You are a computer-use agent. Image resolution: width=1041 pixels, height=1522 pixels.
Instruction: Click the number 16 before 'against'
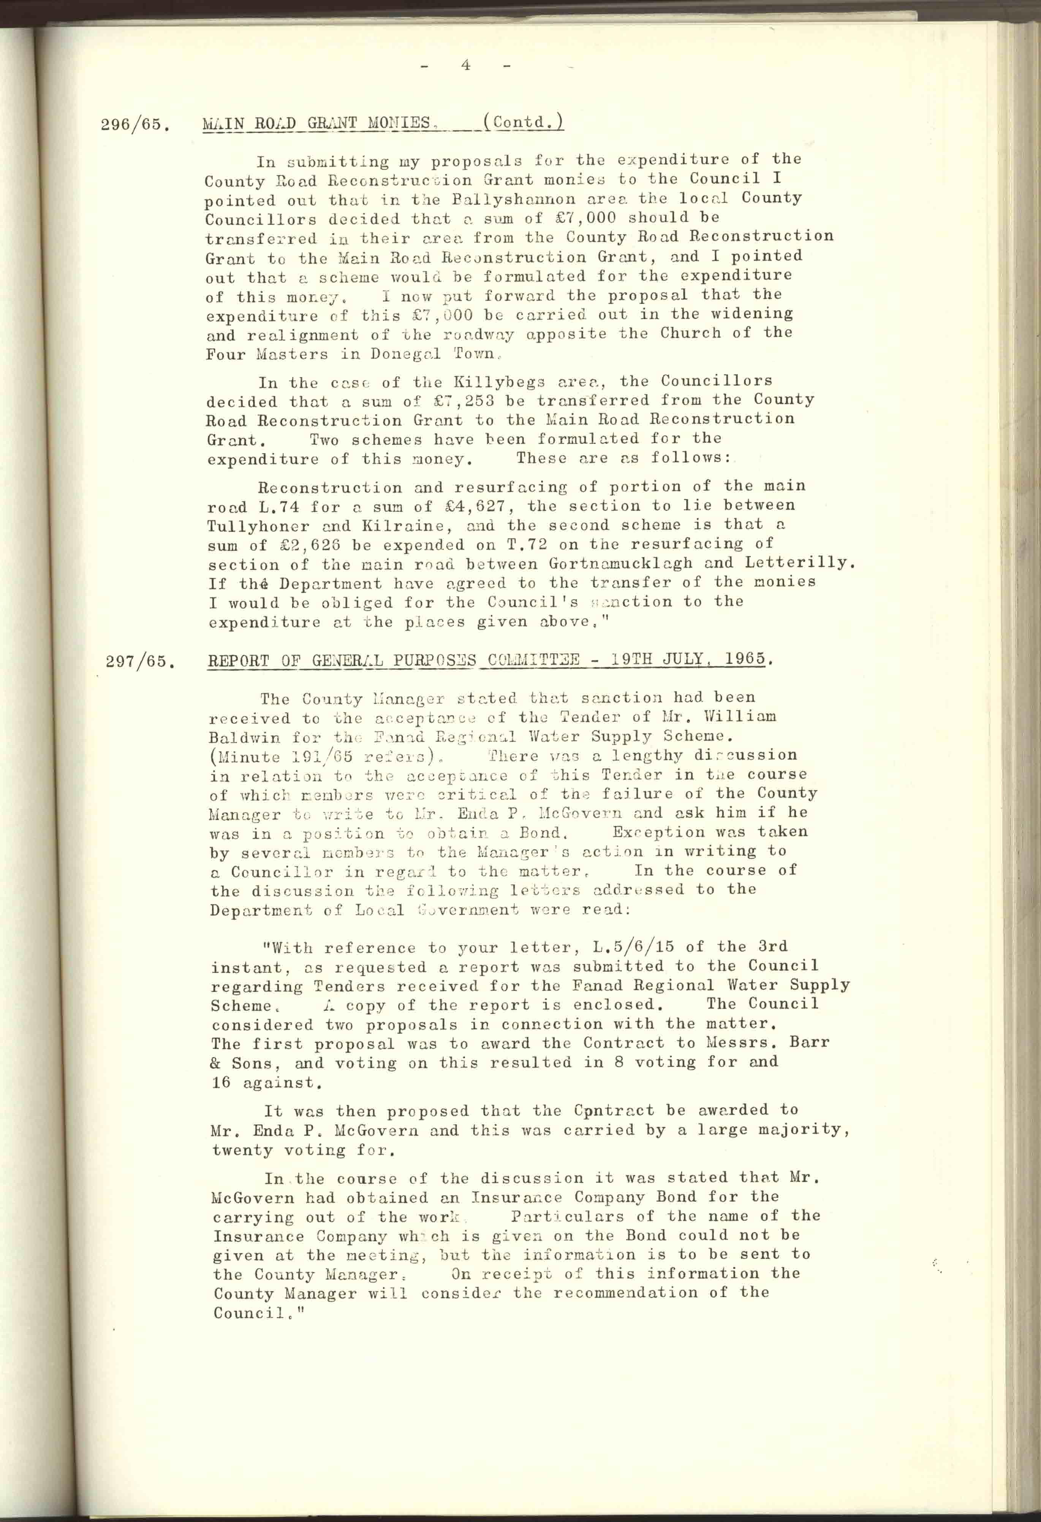(x=221, y=1083)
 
